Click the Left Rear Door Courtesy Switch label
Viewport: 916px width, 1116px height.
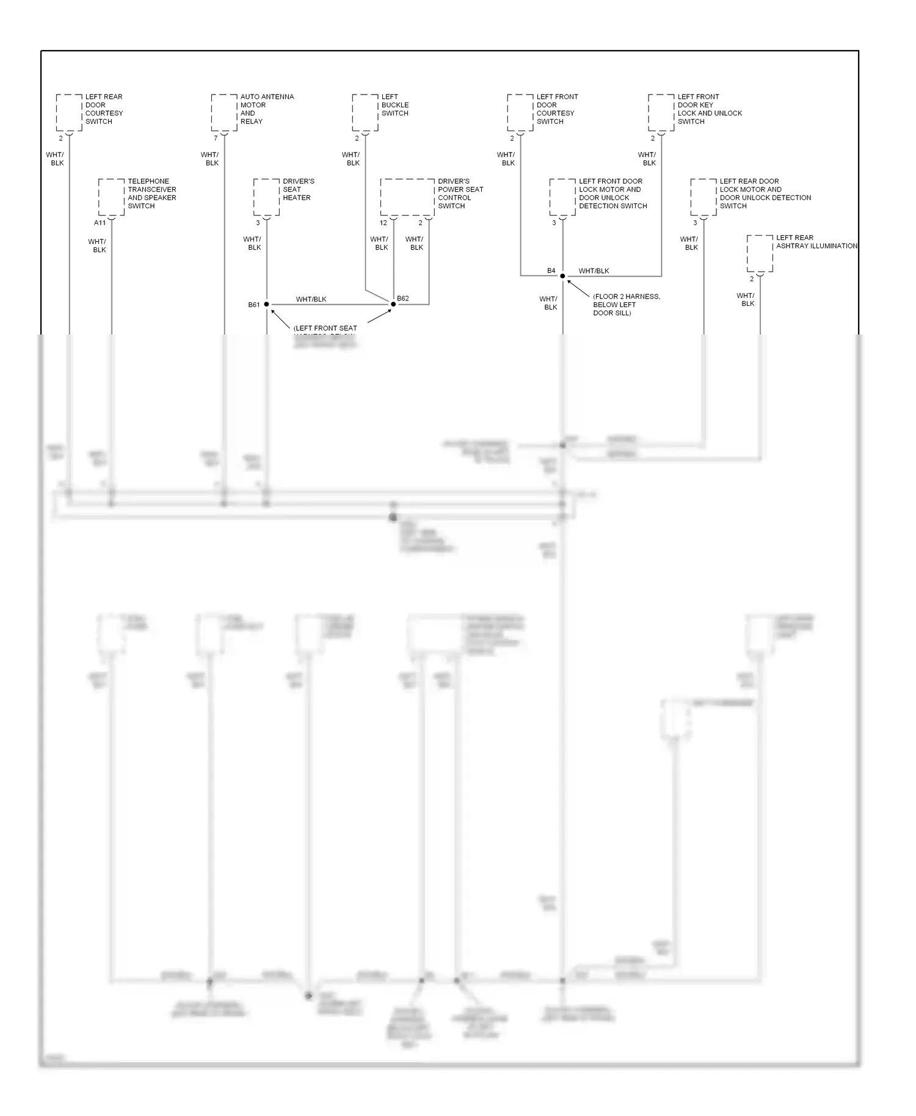[x=104, y=109]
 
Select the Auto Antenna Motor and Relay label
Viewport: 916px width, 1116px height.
[x=267, y=109]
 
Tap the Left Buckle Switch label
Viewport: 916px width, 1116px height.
[x=395, y=105]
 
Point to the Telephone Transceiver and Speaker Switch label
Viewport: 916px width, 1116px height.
[x=151, y=194]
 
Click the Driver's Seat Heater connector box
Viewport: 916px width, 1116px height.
[x=266, y=197]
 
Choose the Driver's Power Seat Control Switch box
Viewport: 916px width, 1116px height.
[x=407, y=197]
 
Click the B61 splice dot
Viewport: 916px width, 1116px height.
[x=267, y=304]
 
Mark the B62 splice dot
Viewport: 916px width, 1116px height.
[x=393, y=304]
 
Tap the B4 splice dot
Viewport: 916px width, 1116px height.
[x=562, y=276]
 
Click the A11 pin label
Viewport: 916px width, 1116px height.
[x=100, y=223]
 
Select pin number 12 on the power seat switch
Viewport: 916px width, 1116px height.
[x=383, y=223]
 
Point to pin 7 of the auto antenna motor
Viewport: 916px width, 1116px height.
[x=216, y=139]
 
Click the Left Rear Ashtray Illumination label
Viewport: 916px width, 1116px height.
[x=816, y=242]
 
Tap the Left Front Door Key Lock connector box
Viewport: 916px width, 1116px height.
[x=661, y=113]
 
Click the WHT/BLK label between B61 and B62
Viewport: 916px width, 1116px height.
[x=311, y=299]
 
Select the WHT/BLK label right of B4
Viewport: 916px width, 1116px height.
[x=594, y=271]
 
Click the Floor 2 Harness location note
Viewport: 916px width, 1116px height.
[x=626, y=305]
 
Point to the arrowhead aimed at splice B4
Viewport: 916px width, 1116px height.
[x=569, y=281]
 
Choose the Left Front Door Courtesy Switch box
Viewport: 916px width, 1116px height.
[x=520, y=113]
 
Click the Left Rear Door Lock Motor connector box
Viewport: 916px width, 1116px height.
[x=703, y=197]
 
